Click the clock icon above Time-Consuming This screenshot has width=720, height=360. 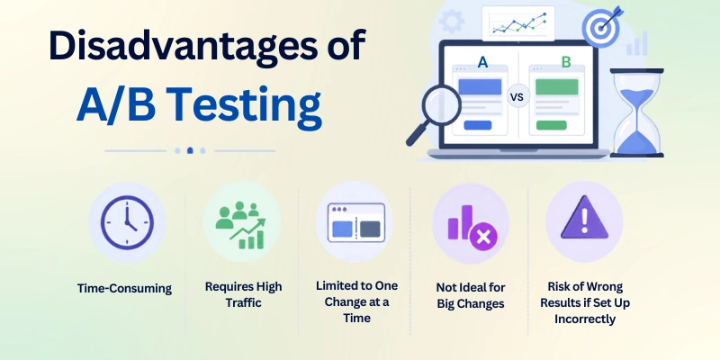point(127,222)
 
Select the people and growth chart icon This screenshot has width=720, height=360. point(241,224)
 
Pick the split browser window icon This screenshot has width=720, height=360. point(356,222)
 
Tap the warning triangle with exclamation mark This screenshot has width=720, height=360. point(584,217)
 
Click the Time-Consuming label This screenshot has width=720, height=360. point(124,288)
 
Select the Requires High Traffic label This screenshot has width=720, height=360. point(243,294)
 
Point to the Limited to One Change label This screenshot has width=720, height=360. point(356,301)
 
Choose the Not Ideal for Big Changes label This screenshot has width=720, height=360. point(471,295)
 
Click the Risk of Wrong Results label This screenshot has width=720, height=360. point(585,302)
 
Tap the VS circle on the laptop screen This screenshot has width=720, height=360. point(518,97)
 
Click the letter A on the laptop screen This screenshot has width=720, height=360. point(482,62)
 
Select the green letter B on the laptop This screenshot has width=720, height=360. point(566,62)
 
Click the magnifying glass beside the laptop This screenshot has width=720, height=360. point(434,114)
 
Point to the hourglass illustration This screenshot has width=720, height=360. point(636,113)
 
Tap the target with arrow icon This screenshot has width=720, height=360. point(602,26)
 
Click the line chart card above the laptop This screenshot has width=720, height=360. point(518,23)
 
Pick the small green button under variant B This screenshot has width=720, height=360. point(552,125)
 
